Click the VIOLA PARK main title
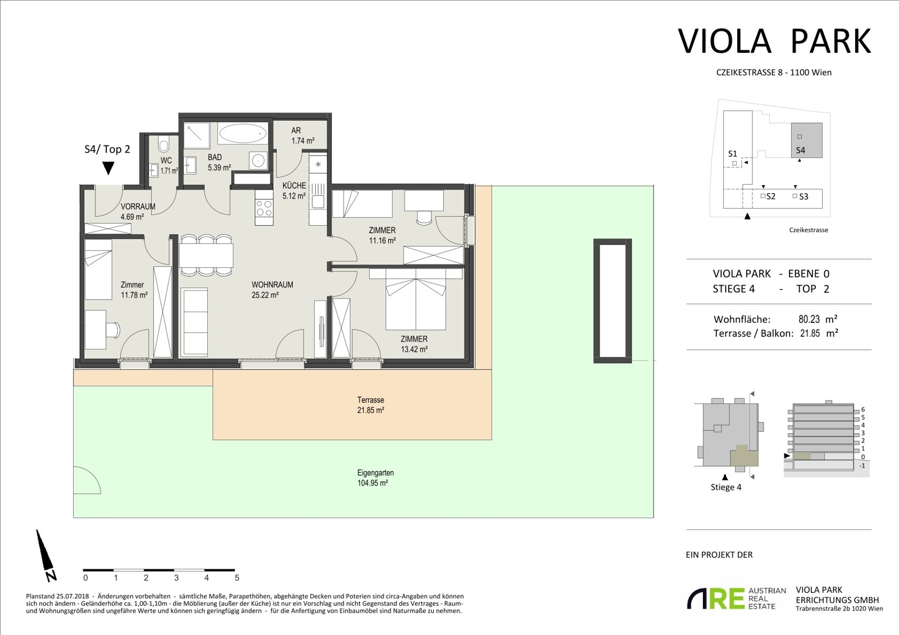click(774, 41)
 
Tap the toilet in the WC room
click(163, 144)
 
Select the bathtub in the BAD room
click(243, 133)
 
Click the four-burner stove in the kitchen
click(264, 207)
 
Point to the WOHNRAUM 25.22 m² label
click(272, 290)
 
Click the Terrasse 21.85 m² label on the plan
click(371, 405)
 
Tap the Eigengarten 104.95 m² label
click(373, 478)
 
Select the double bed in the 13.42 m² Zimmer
click(416, 299)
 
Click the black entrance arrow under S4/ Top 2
click(108, 168)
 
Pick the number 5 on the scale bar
click(237, 578)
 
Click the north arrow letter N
click(51, 575)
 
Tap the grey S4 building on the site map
click(807, 140)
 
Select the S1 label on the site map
click(733, 154)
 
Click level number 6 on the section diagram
click(863, 409)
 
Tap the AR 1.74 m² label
click(303, 135)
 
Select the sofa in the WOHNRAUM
click(194, 322)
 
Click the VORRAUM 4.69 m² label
click(138, 212)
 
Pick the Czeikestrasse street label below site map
click(809, 230)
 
